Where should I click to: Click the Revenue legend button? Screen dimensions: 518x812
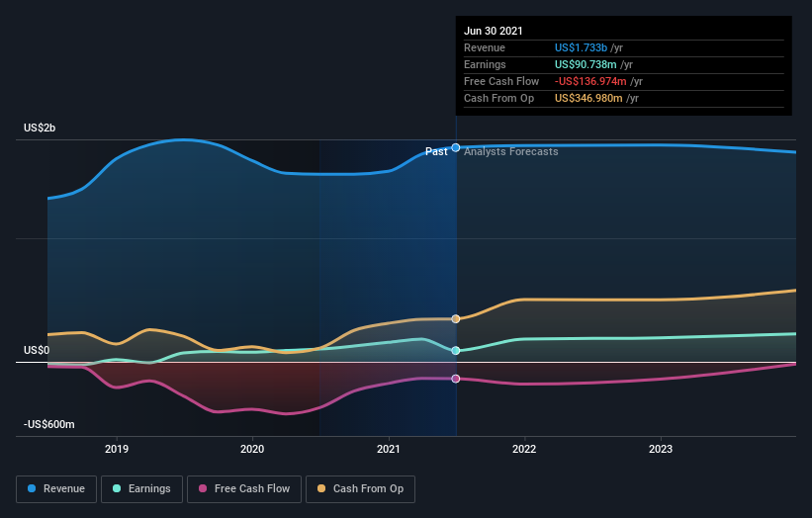pos(56,488)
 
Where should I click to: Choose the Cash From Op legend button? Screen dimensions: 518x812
pos(360,488)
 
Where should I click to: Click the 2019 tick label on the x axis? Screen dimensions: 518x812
pos(117,449)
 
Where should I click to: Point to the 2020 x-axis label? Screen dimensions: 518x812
pos(252,449)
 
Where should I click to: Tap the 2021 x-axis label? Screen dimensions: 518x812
pos(389,449)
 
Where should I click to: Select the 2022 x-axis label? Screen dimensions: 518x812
pos(524,449)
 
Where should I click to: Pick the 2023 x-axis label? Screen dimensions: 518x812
pos(660,449)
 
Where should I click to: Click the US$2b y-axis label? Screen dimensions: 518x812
pos(40,129)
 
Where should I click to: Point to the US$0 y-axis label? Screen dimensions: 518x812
pos(37,350)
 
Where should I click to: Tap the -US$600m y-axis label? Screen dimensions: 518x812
pos(49,424)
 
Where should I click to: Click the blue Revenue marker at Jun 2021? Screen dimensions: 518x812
pos(456,147)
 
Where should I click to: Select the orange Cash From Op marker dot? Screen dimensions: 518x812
pos(456,318)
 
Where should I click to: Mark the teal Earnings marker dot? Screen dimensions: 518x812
pos(456,350)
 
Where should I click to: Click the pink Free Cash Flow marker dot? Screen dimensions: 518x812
pos(456,379)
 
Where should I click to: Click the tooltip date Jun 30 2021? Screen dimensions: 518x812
pos(494,31)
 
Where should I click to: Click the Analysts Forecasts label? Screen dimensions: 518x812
pos(510,151)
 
